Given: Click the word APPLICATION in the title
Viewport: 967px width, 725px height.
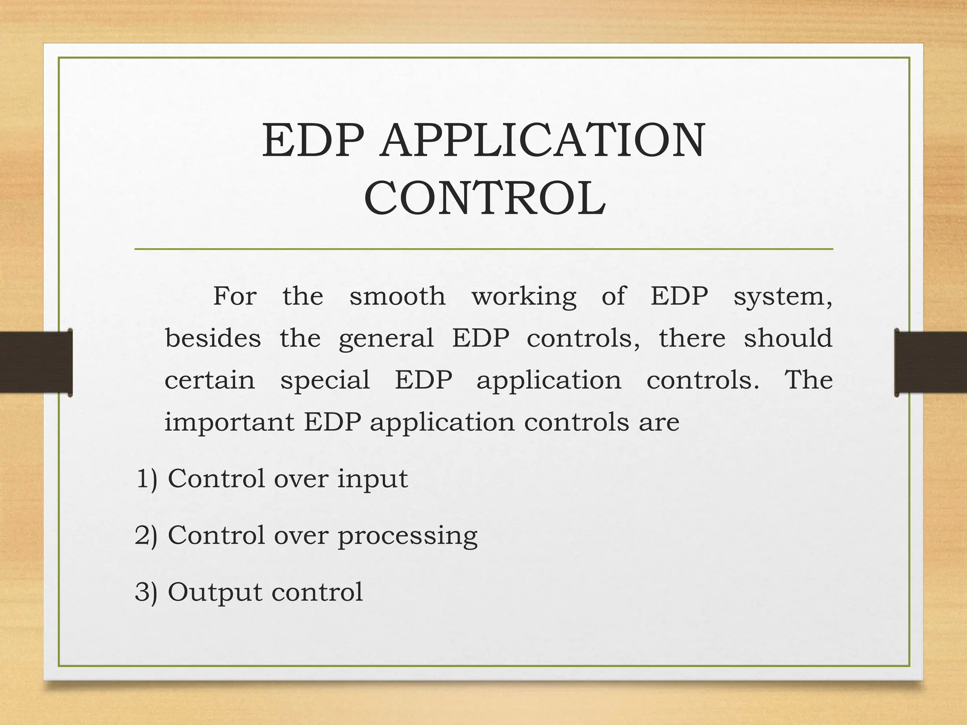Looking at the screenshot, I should click(x=543, y=140).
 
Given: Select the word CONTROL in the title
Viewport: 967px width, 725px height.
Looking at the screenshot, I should click(x=485, y=199).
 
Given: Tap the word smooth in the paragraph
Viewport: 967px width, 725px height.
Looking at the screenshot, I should click(x=397, y=297).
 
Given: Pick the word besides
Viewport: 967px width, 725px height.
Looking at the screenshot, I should click(x=213, y=338).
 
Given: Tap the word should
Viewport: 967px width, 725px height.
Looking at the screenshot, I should click(x=788, y=338).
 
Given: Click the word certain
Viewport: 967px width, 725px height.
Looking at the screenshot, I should click(x=210, y=380).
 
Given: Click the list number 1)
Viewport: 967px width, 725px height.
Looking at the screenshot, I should click(x=147, y=479).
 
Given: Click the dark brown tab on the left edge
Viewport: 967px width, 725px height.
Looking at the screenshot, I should click(x=36, y=362).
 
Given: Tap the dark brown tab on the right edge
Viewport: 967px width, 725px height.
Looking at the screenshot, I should click(x=931, y=362).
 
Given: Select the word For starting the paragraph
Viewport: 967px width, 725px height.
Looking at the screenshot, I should click(x=235, y=297).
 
